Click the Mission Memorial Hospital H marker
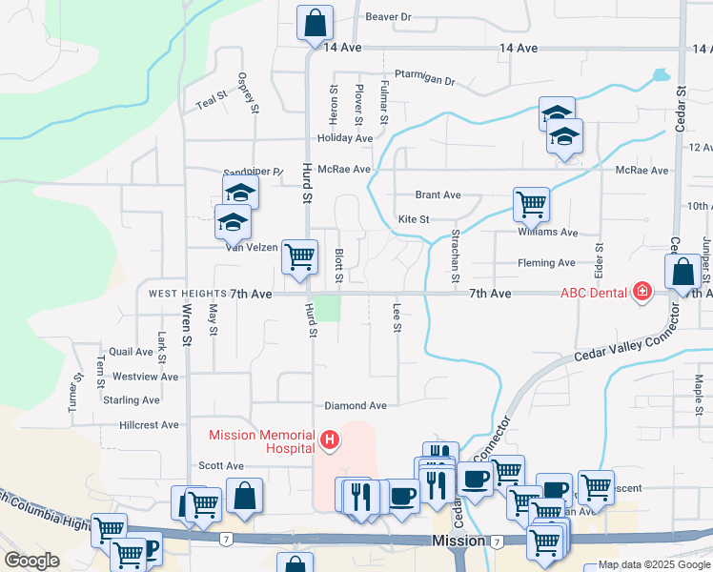coord(330,439)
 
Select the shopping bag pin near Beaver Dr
coord(315,23)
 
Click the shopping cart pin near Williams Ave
coord(531,203)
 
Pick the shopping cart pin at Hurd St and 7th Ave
coord(300,255)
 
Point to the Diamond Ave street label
coord(356,405)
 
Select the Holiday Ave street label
coord(345,138)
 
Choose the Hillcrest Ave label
coord(150,424)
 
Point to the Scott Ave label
coord(222,466)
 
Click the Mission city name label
coord(458,541)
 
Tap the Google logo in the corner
coord(32,560)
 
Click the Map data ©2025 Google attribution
coord(653,564)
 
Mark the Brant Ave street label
coord(438,195)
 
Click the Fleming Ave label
coord(546,263)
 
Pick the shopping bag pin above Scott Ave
coord(245,496)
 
